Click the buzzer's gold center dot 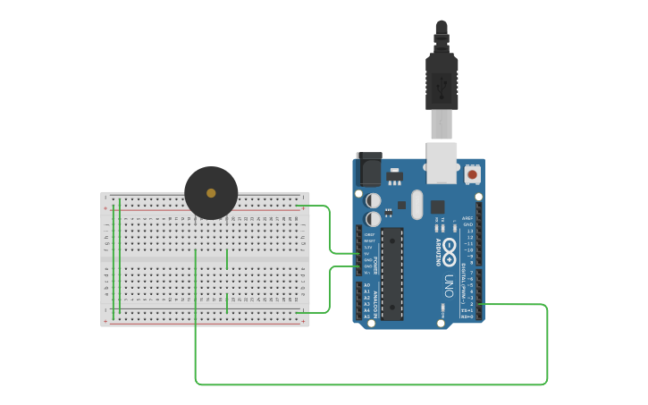pos(211,192)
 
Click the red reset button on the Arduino pos(472,173)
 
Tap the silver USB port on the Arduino pos(442,161)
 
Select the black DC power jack pos(369,169)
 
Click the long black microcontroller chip pos(392,273)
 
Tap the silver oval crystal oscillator pos(417,205)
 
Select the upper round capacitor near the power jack pos(374,201)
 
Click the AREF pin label pos(467,217)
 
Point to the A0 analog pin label pos(366,285)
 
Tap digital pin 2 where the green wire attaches pos(479,305)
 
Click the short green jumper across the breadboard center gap pos(227,259)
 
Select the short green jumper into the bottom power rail pos(227,303)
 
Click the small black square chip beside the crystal pos(437,207)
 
